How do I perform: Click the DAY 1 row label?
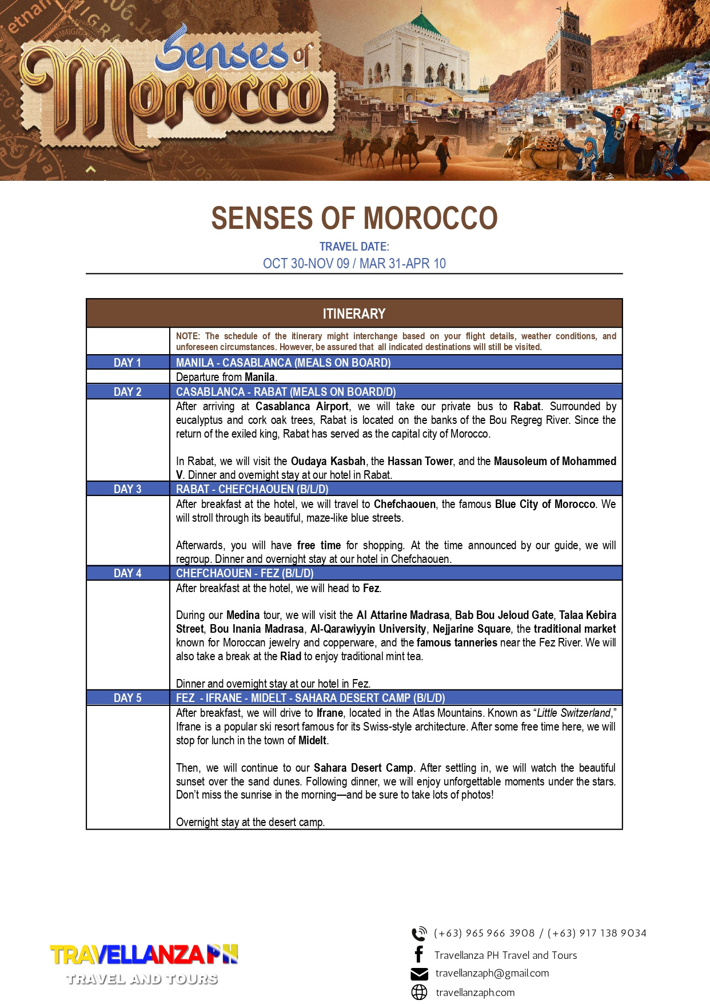point(127,363)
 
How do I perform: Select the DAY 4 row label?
point(127,573)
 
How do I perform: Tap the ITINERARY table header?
point(354,313)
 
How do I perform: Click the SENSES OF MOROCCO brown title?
point(354,218)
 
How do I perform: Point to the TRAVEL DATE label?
point(354,247)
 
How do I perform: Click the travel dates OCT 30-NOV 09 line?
point(354,264)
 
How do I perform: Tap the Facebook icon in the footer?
point(419,954)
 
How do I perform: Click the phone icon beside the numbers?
point(419,934)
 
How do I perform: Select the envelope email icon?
point(419,974)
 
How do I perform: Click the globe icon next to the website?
point(419,993)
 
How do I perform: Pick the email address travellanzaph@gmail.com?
point(492,973)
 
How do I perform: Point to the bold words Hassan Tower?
point(421,461)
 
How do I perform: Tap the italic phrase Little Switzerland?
point(573,713)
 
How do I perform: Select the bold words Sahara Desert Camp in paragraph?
point(363,768)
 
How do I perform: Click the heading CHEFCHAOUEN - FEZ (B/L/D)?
point(245,573)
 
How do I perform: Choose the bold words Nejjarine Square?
point(471,629)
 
